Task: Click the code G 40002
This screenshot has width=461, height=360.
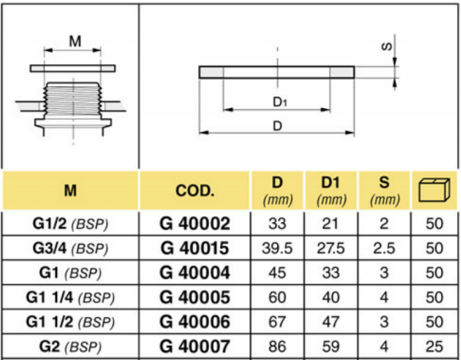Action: click(195, 223)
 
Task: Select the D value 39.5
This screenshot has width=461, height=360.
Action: click(277, 248)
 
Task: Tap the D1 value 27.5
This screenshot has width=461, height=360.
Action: click(331, 248)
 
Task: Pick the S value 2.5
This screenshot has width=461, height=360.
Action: click(384, 248)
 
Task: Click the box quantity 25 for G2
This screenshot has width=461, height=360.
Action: click(434, 347)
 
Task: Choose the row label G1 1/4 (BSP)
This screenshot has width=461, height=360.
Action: click(70, 298)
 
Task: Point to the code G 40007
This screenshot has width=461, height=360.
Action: click(195, 347)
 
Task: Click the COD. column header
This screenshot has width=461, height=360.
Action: click(195, 191)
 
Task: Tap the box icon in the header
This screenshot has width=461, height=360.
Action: click(435, 190)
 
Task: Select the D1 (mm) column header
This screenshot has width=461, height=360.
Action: click(331, 191)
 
